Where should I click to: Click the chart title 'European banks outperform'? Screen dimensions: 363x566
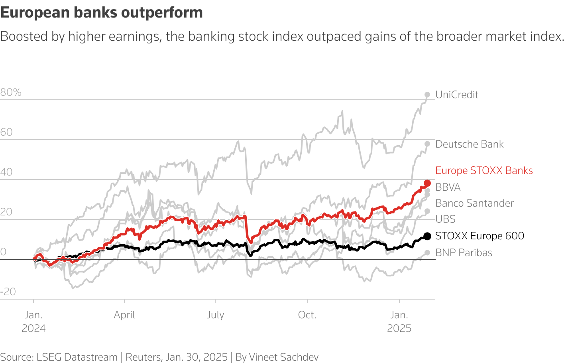click(x=102, y=13)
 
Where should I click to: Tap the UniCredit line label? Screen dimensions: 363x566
click(x=456, y=95)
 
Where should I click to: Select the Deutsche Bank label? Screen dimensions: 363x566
click(x=469, y=144)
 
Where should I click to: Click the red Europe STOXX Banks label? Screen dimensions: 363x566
click(x=483, y=171)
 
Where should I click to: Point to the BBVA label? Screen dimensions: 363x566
click(x=448, y=187)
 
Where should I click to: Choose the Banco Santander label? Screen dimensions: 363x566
click(x=474, y=203)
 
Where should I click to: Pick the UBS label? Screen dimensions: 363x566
click(x=445, y=219)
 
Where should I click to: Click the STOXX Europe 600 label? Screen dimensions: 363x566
click(x=480, y=236)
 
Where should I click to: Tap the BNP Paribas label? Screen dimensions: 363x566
click(x=464, y=253)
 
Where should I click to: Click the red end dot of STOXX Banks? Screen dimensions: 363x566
click(x=427, y=183)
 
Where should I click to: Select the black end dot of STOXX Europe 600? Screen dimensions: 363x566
click(x=427, y=236)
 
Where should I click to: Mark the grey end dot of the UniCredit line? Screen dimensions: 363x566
click(x=427, y=95)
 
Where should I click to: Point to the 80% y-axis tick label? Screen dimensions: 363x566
click(x=11, y=93)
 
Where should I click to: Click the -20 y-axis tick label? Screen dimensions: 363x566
click(x=8, y=292)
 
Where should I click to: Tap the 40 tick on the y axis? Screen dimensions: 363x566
click(x=6, y=172)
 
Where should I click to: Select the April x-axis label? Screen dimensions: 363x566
click(x=124, y=315)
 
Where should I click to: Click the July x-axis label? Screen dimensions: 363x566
click(x=215, y=315)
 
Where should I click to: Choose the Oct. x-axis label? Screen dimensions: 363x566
click(x=307, y=315)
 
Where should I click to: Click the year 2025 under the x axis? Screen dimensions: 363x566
click(x=399, y=329)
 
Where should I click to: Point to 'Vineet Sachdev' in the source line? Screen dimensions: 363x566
click(x=283, y=357)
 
